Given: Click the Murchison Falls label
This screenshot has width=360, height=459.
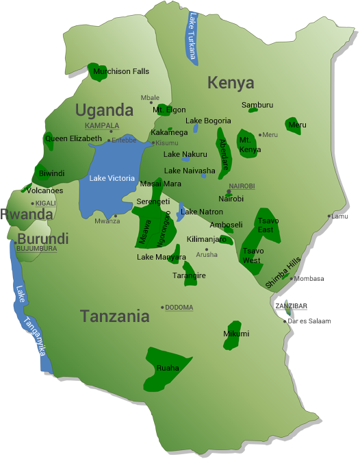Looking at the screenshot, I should (x=121, y=71).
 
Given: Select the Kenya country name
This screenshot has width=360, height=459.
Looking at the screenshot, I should (x=231, y=84).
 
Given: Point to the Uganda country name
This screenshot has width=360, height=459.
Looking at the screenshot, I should (x=104, y=110).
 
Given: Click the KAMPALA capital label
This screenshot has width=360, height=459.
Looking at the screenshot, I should (x=101, y=126).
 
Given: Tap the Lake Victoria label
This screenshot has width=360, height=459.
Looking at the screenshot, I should (x=112, y=178).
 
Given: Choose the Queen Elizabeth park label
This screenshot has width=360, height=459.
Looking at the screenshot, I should (x=73, y=138).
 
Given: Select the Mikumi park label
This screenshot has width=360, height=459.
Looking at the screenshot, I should (x=236, y=334).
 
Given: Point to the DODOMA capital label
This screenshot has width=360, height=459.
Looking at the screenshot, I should (x=179, y=308).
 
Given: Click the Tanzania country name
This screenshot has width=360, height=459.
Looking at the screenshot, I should (x=114, y=317).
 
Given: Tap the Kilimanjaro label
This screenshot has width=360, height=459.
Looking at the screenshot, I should (x=207, y=240).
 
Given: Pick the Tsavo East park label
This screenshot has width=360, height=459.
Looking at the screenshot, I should (x=266, y=225).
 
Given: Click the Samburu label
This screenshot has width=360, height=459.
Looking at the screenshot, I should (x=257, y=105).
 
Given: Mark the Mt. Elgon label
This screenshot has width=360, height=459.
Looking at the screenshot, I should (x=169, y=110).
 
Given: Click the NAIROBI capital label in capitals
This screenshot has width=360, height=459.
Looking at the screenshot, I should (x=242, y=186).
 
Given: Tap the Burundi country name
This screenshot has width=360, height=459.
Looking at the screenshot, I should (x=43, y=239).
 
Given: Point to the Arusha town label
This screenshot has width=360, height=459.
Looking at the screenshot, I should (x=207, y=255).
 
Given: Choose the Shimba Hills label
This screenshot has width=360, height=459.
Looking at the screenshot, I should (x=283, y=273).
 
